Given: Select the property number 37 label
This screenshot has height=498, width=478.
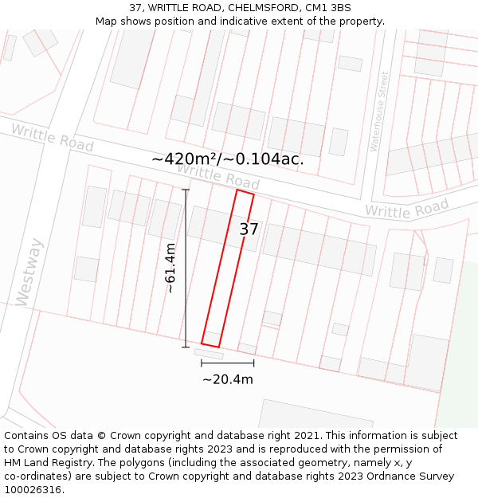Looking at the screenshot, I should pyautogui.click(x=249, y=229).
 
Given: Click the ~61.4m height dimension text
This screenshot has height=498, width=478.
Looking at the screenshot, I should pyautogui.click(x=170, y=269).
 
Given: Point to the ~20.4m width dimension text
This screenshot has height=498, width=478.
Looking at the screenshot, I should pyautogui.click(x=228, y=379).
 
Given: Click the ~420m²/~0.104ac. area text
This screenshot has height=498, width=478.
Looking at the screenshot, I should pyautogui.click(x=228, y=159).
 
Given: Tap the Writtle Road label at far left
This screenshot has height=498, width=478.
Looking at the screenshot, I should pyautogui.click(x=52, y=137).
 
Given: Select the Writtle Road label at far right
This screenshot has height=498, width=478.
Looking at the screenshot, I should pyautogui.click(x=406, y=210).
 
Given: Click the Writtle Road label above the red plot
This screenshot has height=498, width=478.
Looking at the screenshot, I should pyautogui.click(x=217, y=177).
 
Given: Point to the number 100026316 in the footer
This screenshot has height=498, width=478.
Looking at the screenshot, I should pyautogui.click(x=33, y=489).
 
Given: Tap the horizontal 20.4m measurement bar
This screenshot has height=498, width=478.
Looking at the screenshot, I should pyautogui.click(x=228, y=363).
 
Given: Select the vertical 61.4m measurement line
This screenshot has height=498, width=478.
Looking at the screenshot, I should pyautogui.click(x=186, y=269).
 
